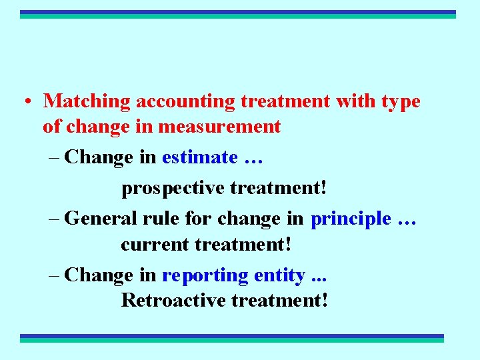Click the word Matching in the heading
(x=87, y=101)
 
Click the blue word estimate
(x=199, y=157)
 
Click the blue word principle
(x=351, y=219)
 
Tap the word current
(x=155, y=244)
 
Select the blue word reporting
(x=205, y=275)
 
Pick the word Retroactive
(x=173, y=300)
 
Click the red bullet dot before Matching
(x=26, y=102)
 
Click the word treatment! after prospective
(x=279, y=188)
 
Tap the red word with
(x=355, y=101)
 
